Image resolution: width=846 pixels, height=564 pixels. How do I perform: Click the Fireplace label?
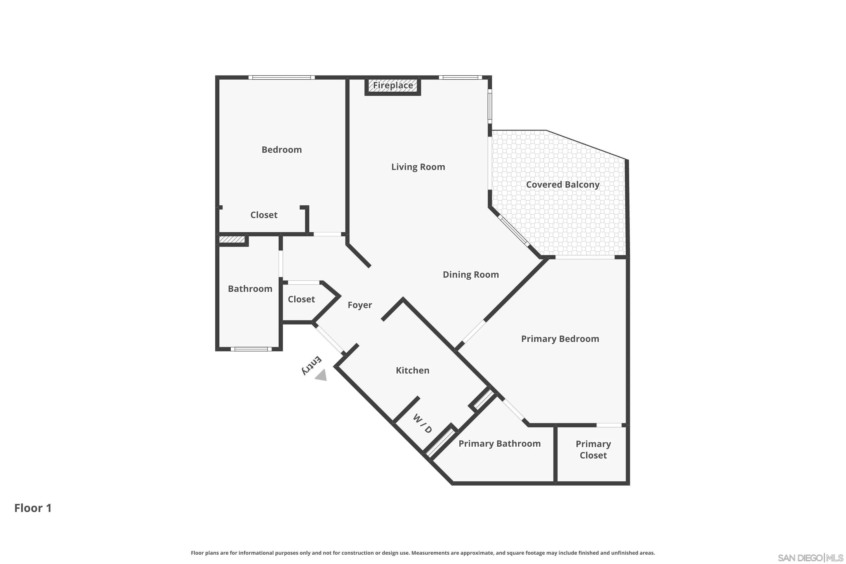click(x=393, y=86)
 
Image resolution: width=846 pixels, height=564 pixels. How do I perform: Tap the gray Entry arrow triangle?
click(x=321, y=376)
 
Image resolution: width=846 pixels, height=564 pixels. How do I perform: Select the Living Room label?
click(x=418, y=167)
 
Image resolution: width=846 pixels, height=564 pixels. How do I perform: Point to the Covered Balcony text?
click(x=563, y=184)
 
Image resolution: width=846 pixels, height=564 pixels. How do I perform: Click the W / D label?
click(x=422, y=423)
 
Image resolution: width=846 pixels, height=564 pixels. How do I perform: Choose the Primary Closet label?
click(x=593, y=450)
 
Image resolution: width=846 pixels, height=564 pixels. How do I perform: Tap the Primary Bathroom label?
click(x=499, y=444)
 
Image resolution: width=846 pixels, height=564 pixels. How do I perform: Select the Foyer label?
click(x=360, y=305)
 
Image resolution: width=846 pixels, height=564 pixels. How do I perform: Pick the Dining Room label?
click(x=470, y=275)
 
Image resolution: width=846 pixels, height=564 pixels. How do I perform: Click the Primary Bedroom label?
click(x=560, y=339)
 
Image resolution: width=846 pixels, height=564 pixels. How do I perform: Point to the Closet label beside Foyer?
click(x=301, y=299)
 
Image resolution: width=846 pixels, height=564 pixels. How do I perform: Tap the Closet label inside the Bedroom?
click(x=264, y=215)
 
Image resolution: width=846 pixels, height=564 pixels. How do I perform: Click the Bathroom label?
click(x=250, y=289)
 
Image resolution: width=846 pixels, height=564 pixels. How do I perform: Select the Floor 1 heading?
click(x=33, y=508)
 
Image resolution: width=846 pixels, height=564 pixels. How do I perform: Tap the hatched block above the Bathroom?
click(x=232, y=239)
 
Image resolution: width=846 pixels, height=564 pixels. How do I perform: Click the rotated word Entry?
click(x=312, y=365)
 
